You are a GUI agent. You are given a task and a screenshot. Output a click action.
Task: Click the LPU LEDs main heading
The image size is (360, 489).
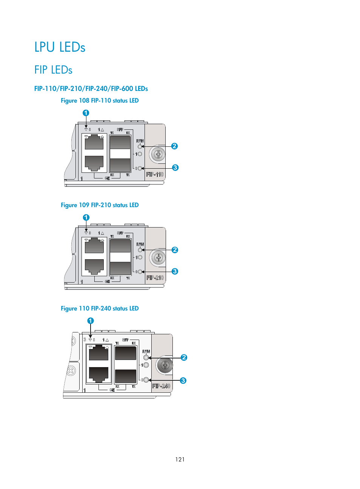(60, 47)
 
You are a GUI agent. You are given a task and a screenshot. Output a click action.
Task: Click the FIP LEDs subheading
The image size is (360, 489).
(53, 70)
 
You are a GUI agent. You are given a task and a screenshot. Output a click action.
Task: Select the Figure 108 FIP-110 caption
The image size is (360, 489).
(100, 101)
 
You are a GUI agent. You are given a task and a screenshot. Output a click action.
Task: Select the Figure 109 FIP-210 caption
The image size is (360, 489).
(100, 205)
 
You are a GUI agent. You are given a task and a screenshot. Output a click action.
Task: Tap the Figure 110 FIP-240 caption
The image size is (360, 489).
(100, 309)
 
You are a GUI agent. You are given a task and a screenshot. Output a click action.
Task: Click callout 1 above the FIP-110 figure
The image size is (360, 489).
(86, 113)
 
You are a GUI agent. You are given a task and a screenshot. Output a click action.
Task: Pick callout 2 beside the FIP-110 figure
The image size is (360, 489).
(174, 146)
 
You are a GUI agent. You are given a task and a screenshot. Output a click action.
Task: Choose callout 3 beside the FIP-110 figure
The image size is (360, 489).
(175, 168)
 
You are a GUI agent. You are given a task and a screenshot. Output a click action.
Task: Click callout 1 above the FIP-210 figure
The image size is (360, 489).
(86, 217)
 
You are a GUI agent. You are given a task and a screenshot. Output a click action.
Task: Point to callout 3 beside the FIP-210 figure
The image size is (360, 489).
(175, 271)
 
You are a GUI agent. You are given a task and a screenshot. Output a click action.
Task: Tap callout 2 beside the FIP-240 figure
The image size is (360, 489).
(184, 357)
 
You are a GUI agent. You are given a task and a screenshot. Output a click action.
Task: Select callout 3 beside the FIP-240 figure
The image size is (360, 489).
(183, 380)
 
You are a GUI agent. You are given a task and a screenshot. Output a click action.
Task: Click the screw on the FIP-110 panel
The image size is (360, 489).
(158, 154)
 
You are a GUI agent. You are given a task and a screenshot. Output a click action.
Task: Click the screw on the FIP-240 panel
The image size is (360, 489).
(165, 365)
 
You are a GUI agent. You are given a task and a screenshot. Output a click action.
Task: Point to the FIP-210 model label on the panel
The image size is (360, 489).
(155, 278)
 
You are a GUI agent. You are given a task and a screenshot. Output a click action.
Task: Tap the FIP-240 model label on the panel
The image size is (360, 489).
(161, 386)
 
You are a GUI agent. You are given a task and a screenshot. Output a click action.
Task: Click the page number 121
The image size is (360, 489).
(180, 459)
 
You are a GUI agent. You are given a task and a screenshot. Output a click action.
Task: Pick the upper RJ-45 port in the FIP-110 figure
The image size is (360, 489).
(94, 142)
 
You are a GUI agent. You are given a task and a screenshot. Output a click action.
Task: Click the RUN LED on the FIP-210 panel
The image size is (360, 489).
(140, 250)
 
